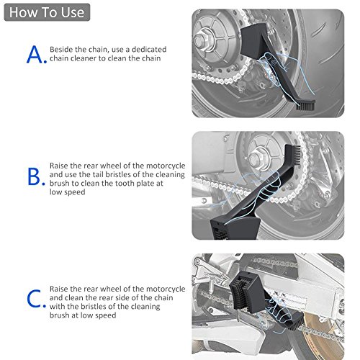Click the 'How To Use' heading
tap(47, 12)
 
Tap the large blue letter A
tap(35, 55)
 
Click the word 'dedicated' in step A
tap(149, 50)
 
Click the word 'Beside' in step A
tap(61, 50)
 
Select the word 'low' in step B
tap(55, 192)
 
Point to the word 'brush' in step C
tap(59, 315)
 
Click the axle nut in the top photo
tap(199, 40)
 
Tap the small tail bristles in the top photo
tap(305, 106)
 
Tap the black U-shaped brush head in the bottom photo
tap(243, 289)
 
